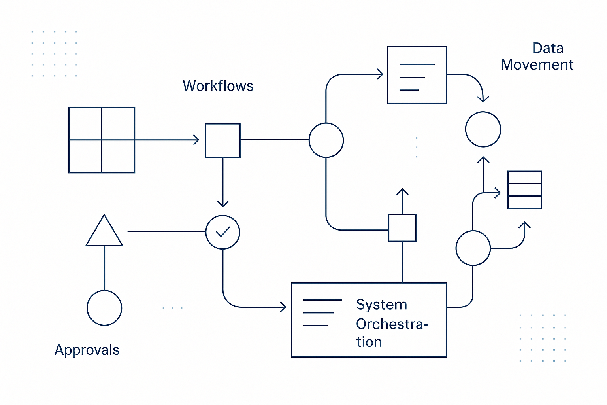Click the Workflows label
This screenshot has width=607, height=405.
click(218, 86)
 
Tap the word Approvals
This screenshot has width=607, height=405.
click(87, 350)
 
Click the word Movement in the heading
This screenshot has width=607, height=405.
click(537, 65)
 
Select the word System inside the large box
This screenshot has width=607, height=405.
click(381, 305)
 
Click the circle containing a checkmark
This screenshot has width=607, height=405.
click(223, 232)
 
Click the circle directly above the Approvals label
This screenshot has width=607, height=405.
click(104, 308)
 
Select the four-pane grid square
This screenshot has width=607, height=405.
click(102, 140)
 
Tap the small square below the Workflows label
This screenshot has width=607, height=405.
click(223, 140)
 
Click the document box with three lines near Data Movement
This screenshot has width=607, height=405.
click(417, 75)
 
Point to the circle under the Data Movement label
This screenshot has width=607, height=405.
click(483, 129)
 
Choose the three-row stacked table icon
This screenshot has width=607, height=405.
click(524, 190)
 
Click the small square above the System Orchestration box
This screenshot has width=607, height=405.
click(402, 227)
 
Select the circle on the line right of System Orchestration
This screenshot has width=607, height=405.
click(473, 248)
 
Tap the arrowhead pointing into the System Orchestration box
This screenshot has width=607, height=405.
click(283, 307)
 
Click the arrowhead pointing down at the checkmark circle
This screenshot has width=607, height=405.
click(223, 204)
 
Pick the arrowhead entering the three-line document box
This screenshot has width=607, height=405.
click(380, 74)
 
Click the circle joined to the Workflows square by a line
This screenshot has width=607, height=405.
click(326, 140)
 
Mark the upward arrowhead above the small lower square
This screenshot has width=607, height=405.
click(402, 192)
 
